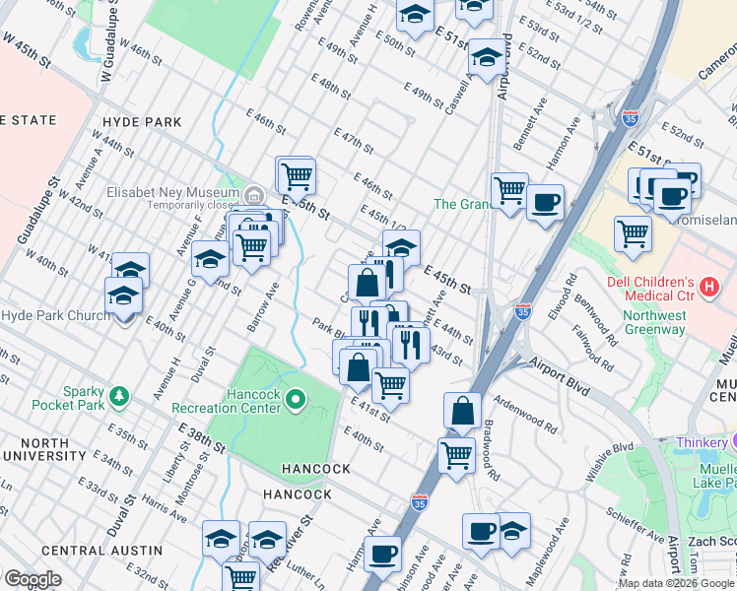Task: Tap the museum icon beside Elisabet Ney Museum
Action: [253, 193]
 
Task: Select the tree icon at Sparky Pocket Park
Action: [121, 395]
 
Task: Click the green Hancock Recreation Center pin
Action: [297, 399]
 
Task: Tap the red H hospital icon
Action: [706, 288]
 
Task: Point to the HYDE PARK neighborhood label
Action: [142, 122]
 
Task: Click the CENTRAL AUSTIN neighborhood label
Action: [102, 550]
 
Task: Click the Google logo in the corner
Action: [33, 579]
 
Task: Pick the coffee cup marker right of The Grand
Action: [544, 203]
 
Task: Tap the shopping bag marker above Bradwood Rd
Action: [462, 410]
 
